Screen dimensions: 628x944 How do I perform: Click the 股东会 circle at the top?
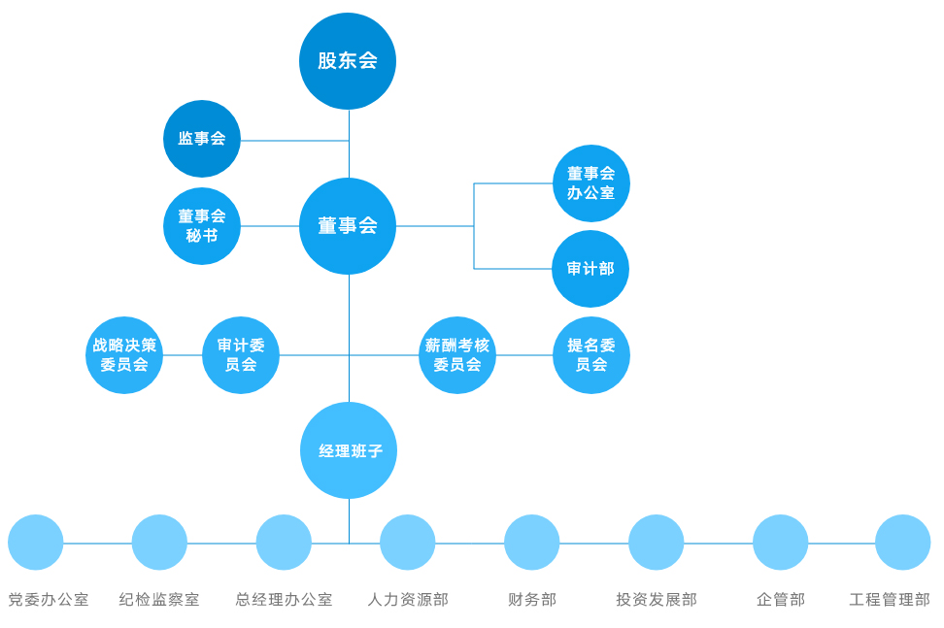pyautogui.click(x=348, y=61)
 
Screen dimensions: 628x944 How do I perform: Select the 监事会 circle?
pyautogui.click(x=202, y=139)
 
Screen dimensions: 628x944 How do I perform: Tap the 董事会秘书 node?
pyautogui.click(x=202, y=226)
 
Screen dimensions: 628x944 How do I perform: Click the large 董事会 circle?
pyautogui.click(x=348, y=226)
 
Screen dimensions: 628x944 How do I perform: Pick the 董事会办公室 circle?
pyautogui.click(x=591, y=183)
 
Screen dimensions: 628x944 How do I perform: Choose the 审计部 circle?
pyautogui.click(x=590, y=269)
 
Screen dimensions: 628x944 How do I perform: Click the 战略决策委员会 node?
pyautogui.click(x=124, y=355)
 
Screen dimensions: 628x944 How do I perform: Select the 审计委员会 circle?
pyautogui.click(x=241, y=355)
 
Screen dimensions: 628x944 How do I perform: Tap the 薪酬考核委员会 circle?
pyautogui.click(x=457, y=355)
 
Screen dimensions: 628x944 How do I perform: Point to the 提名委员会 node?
pyautogui.click(x=591, y=355)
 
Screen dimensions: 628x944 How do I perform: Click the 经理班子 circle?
pyautogui.click(x=349, y=450)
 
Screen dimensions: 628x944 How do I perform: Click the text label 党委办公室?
pyautogui.click(x=49, y=600)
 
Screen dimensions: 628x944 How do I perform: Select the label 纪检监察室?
pyautogui.click(x=159, y=600)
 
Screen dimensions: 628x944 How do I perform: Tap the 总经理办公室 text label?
pyautogui.click(x=284, y=600)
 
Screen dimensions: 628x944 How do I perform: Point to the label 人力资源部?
pyautogui.click(x=408, y=600)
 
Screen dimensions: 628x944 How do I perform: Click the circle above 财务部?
pyautogui.click(x=532, y=543)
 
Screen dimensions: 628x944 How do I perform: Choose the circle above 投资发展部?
pyautogui.click(x=657, y=543)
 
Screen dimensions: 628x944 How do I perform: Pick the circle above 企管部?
pyautogui.click(x=781, y=543)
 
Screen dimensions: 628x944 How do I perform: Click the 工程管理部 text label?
pyautogui.click(x=890, y=600)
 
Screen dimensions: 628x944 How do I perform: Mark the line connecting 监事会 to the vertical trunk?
pyautogui.click(x=294, y=141)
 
